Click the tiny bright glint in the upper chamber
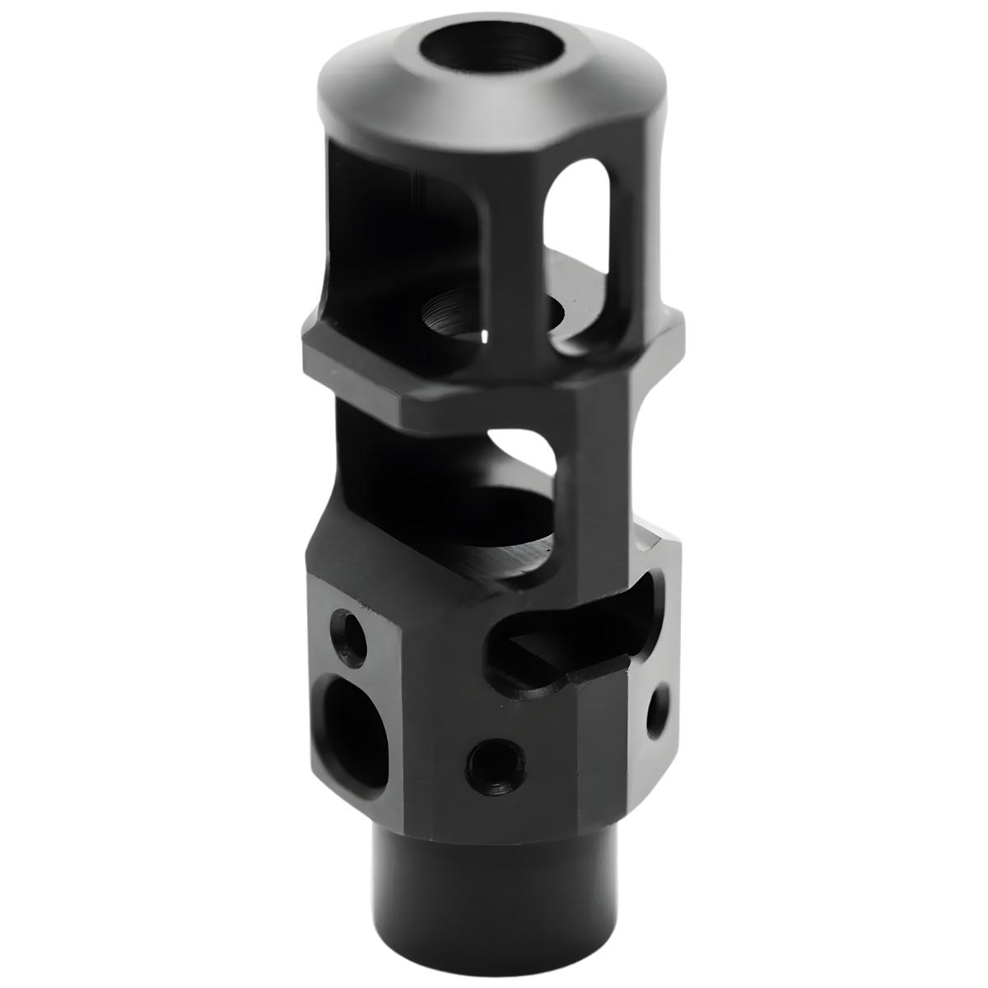tap(485, 336)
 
